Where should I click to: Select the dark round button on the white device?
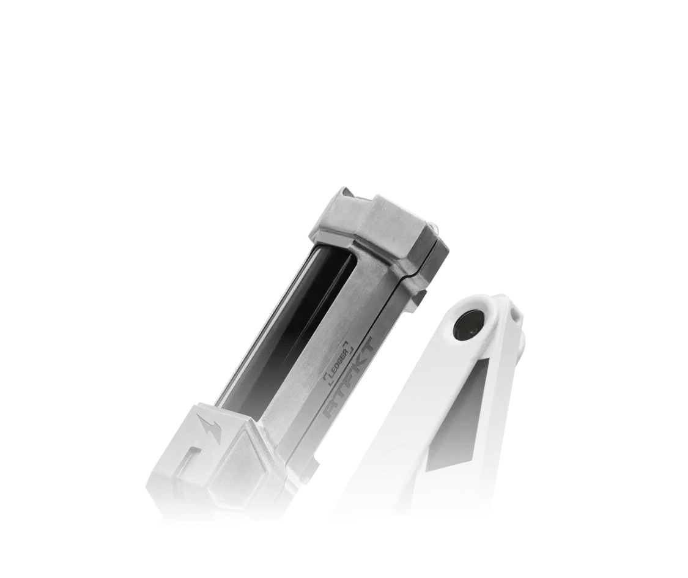point(467,325)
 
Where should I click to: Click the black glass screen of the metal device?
point(291,325)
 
